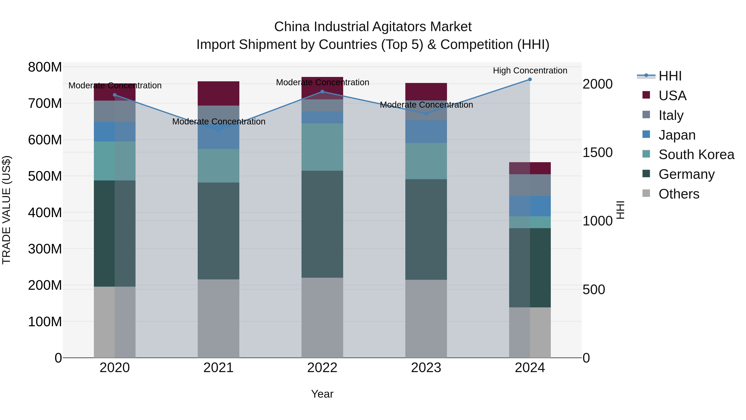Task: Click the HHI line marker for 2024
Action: pyautogui.click(x=530, y=79)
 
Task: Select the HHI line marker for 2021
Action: pyautogui.click(x=218, y=130)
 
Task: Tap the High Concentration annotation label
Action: pyautogui.click(x=530, y=71)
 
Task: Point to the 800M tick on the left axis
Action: pyautogui.click(x=45, y=67)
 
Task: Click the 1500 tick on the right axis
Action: pyautogui.click(x=597, y=152)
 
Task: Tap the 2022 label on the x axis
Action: pyautogui.click(x=322, y=368)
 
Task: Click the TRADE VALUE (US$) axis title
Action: pyautogui.click(x=6, y=210)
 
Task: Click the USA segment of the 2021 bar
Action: pyautogui.click(x=218, y=93)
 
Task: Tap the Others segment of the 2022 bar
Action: pyautogui.click(x=322, y=318)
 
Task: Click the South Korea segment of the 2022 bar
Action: pyautogui.click(x=322, y=147)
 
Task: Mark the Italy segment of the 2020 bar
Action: pyautogui.click(x=115, y=111)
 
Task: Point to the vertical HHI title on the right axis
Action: pyautogui.click(x=620, y=210)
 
